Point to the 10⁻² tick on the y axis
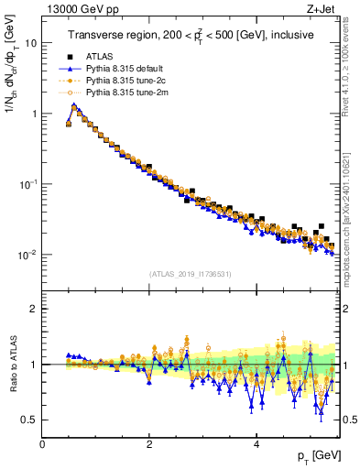(27, 255)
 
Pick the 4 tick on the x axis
(256, 443)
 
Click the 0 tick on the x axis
(42, 443)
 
